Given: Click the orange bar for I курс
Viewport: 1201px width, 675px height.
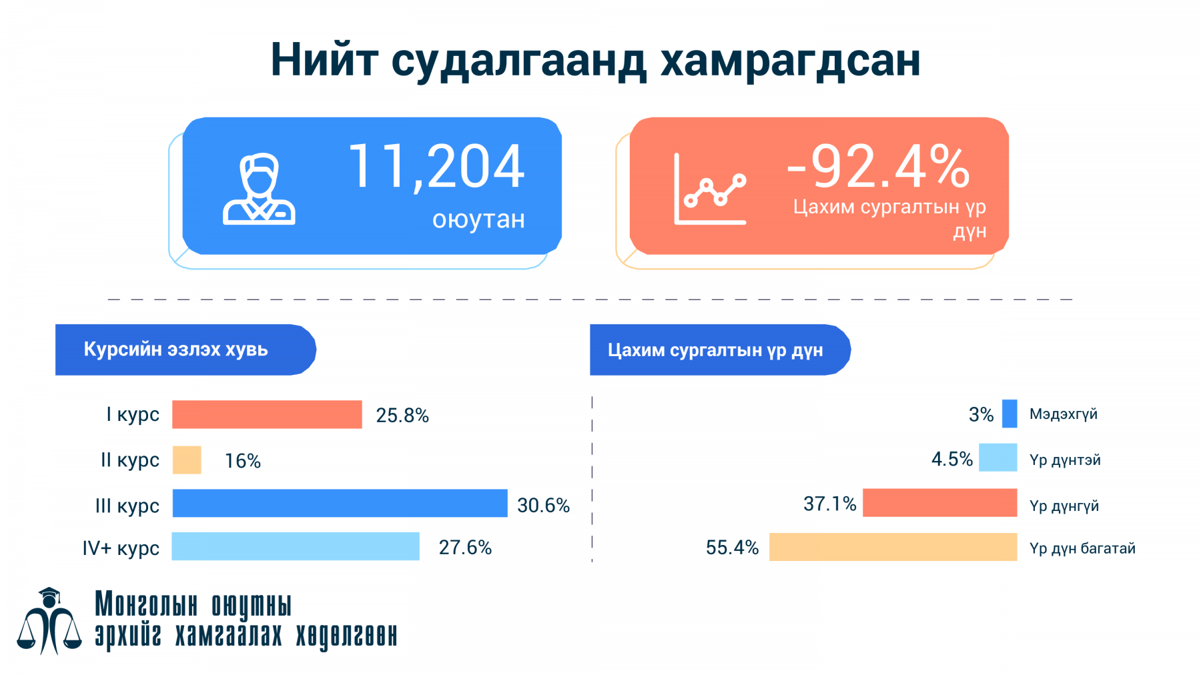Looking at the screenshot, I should [267, 414].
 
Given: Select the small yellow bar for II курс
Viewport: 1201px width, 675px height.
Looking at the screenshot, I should [187, 460].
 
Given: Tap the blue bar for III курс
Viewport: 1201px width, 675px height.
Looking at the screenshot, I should [340, 503].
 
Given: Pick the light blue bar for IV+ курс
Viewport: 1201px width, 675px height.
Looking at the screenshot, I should [296, 546].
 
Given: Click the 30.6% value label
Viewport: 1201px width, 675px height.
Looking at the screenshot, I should [543, 506].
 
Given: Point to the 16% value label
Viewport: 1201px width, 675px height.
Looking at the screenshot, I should [243, 461].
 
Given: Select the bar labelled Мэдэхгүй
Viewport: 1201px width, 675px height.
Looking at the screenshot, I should [1010, 414].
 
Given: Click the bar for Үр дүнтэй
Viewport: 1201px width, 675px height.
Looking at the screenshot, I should [997, 458].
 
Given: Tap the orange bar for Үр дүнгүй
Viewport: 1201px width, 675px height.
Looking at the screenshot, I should [939, 503].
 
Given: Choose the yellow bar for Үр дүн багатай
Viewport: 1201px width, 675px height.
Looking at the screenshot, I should [893, 547].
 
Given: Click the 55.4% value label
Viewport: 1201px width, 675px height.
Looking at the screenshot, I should [732, 548].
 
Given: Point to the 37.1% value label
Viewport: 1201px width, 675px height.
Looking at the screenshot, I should [829, 504].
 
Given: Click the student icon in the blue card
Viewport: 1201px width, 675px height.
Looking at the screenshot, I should [259, 189].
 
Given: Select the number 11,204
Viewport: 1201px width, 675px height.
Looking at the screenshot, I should [436, 167].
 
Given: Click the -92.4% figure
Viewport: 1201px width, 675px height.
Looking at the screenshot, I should [878, 167].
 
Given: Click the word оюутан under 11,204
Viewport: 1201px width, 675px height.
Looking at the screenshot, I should [478, 219].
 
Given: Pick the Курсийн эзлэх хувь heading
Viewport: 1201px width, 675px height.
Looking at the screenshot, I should [175, 350].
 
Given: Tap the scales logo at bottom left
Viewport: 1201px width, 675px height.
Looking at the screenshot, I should [49, 622].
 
